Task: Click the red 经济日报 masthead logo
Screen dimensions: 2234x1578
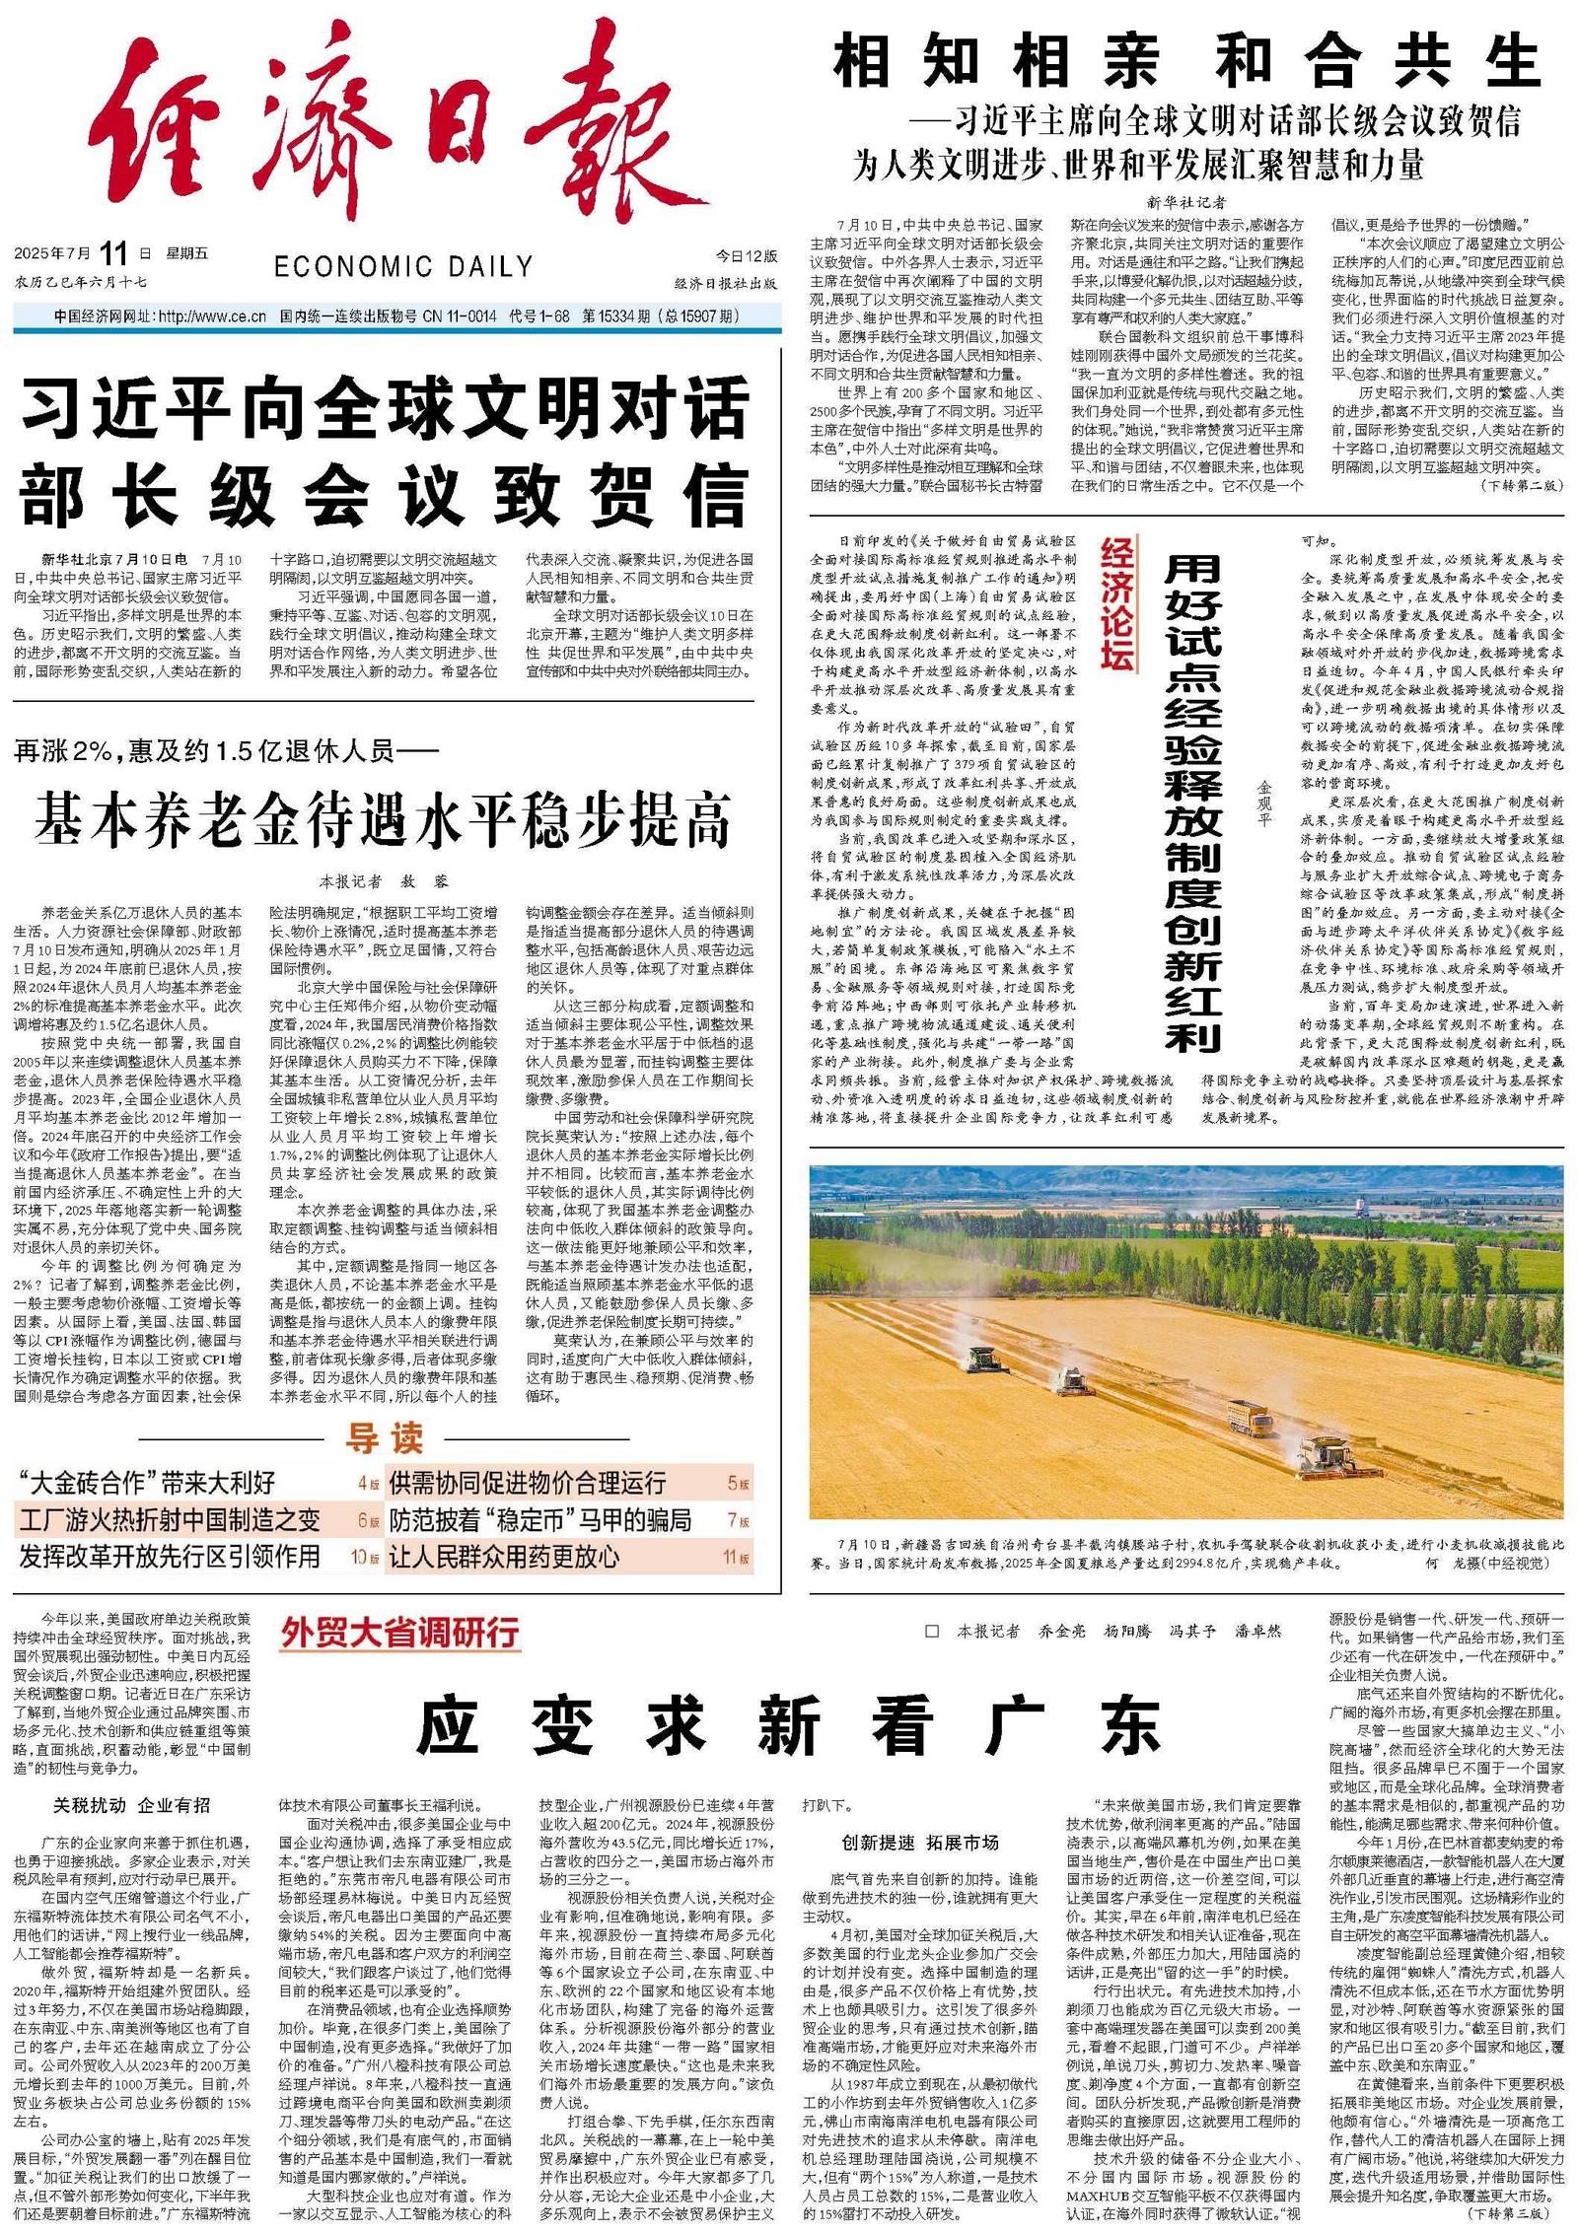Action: pos(394,128)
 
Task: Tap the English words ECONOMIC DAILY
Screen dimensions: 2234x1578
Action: pos(402,267)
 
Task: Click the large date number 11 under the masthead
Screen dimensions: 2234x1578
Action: pos(112,254)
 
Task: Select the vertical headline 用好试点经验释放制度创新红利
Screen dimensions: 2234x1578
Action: pos(1192,803)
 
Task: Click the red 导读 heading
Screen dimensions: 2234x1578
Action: pos(383,1438)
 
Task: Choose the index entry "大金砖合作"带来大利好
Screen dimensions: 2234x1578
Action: pos(148,1483)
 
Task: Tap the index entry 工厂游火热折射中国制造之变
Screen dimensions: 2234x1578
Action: pos(170,1519)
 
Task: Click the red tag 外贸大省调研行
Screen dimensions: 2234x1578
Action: pos(399,1633)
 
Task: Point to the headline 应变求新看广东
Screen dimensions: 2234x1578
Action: pos(789,1724)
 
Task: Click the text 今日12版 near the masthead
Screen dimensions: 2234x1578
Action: pos(746,256)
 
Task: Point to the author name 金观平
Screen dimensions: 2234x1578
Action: pos(1264,803)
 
